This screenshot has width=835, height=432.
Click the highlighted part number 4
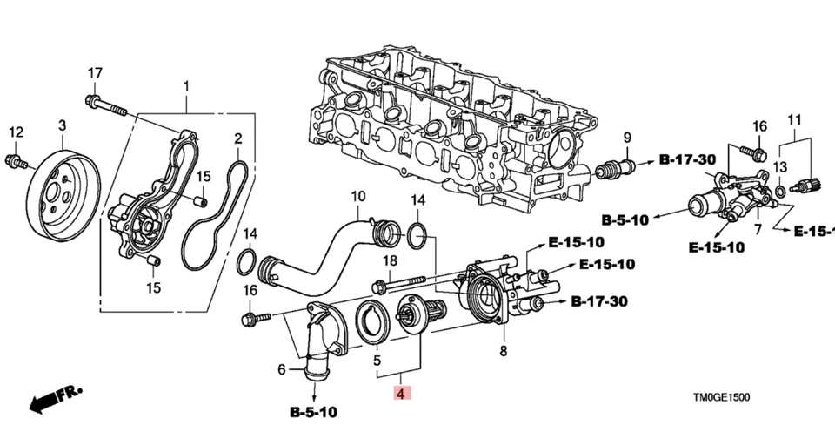tap(400, 395)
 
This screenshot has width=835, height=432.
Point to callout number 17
tap(95, 72)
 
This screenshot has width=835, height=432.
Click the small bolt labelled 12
tap(16, 161)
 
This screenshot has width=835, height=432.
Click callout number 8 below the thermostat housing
tap(502, 352)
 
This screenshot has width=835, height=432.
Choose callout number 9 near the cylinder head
tap(625, 137)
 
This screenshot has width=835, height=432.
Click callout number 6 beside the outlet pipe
tap(281, 370)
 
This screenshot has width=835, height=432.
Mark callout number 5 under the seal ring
tap(377, 360)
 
